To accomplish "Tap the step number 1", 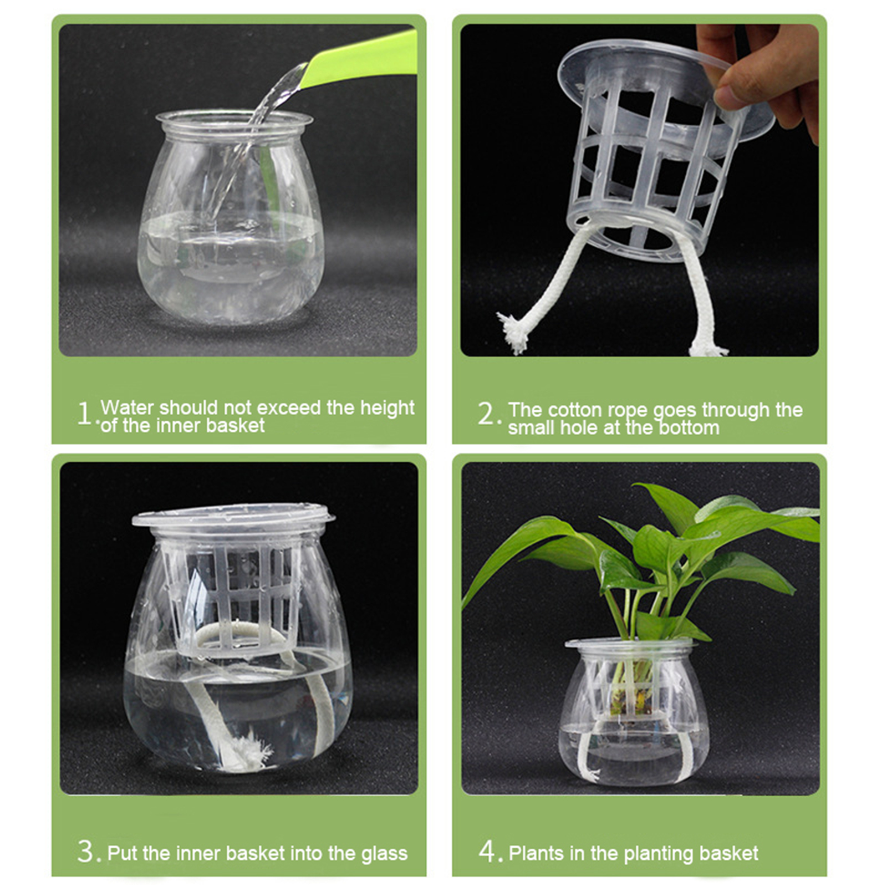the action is pos(84,414).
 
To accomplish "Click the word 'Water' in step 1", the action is pos(128,407).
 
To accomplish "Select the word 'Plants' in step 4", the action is pos(536,853).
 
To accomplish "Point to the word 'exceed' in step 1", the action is pos(289,407).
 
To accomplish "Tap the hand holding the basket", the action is pos(765,72).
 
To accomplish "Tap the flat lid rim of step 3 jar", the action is pos(233,516).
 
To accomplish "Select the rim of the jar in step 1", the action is pos(235,119).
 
